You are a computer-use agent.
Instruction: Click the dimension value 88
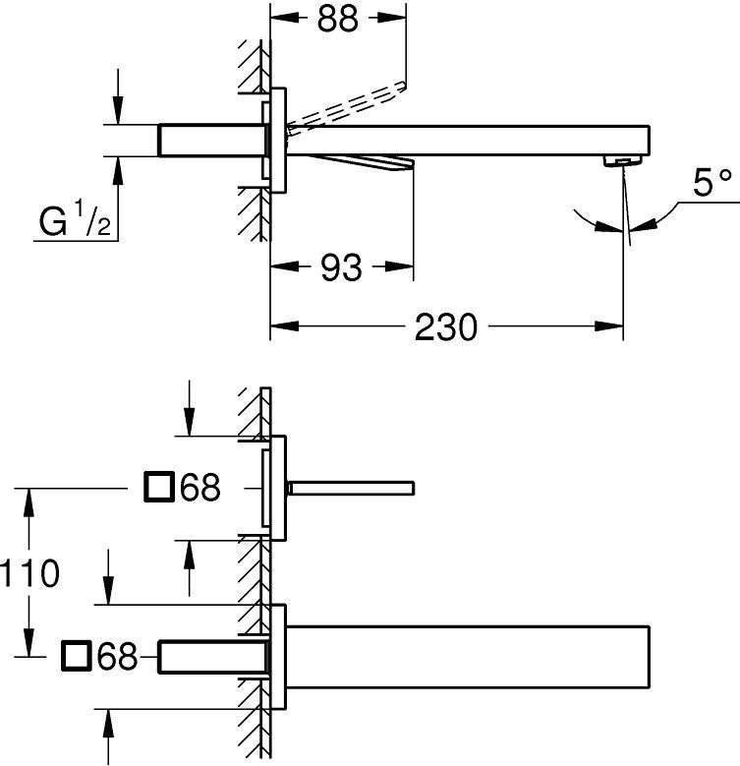(337, 20)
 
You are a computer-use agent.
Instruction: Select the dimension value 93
(341, 267)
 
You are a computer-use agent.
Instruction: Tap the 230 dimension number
(445, 326)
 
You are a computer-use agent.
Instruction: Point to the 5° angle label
(712, 183)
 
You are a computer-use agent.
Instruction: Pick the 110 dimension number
(30, 572)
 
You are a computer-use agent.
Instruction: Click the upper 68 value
(200, 487)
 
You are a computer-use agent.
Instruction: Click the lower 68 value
(117, 656)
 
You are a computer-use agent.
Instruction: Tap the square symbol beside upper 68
(159, 487)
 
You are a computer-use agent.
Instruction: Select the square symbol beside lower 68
(76, 656)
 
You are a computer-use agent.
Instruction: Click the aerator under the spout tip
(622, 160)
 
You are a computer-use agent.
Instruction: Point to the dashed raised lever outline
(347, 104)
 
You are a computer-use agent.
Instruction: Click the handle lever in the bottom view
(352, 488)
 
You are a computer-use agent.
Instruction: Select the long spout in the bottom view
(468, 657)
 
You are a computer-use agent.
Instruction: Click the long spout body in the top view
(468, 141)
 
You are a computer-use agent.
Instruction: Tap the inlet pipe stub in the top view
(213, 141)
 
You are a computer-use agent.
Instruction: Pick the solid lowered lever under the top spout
(362, 163)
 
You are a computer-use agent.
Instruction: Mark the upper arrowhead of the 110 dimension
(29, 502)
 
